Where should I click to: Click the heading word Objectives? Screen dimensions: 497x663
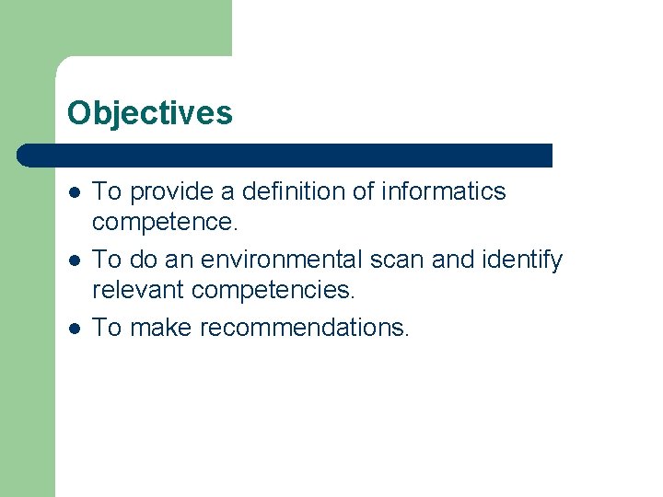click(149, 113)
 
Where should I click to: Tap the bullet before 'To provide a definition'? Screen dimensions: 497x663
click(74, 192)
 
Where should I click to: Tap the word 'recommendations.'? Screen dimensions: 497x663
click(304, 328)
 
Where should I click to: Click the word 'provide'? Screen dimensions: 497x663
click(169, 192)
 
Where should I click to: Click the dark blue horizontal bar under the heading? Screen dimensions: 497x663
click(285, 156)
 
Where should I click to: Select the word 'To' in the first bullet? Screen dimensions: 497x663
click(108, 191)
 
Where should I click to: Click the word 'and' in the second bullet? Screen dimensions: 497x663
click(453, 260)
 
